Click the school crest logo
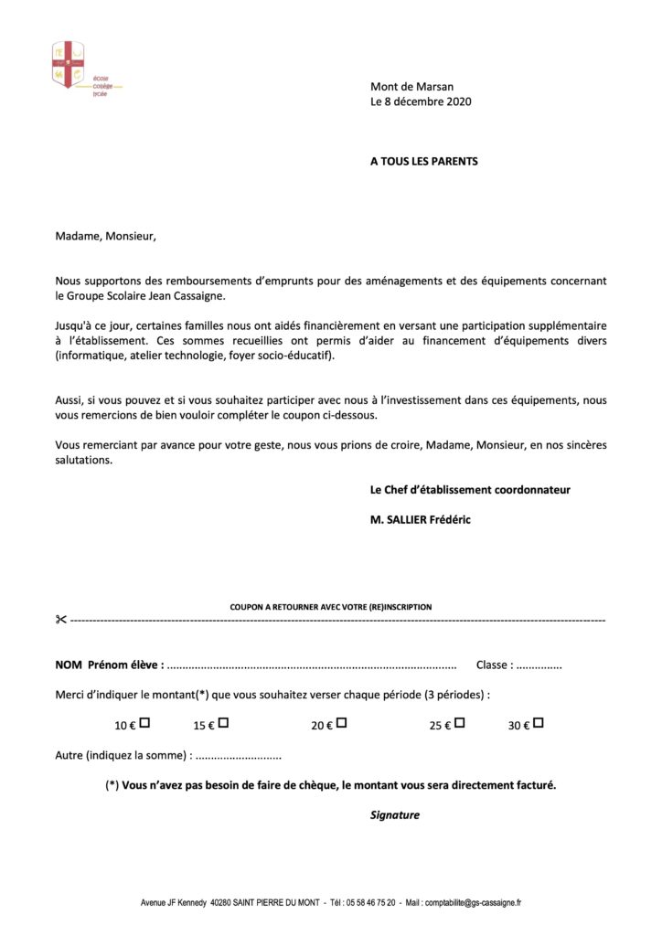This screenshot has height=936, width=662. coord(69,63)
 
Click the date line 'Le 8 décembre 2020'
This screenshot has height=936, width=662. coord(421,101)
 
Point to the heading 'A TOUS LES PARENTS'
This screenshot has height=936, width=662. coord(423,161)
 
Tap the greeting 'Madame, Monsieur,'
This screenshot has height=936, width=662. coord(106,236)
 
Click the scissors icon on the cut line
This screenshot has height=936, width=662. coord(61,620)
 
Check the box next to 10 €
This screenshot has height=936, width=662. coord(144,723)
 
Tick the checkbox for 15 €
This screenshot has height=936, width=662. coord(223,723)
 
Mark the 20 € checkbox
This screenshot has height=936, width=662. coord(341,723)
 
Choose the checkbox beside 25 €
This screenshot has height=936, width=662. coord(460,723)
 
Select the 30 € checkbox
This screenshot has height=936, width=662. coord(539,723)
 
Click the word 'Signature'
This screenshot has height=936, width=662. coord(395,814)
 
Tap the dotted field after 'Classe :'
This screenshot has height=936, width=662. coord(539,666)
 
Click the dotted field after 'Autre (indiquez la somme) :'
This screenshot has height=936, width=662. coord(239,756)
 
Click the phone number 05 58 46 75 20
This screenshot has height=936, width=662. coord(370,902)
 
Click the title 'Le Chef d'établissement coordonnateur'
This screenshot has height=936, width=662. coord(470,490)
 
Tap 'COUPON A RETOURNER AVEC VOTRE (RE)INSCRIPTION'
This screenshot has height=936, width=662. coord(331,606)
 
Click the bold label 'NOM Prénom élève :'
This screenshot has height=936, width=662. coord(110,665)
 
